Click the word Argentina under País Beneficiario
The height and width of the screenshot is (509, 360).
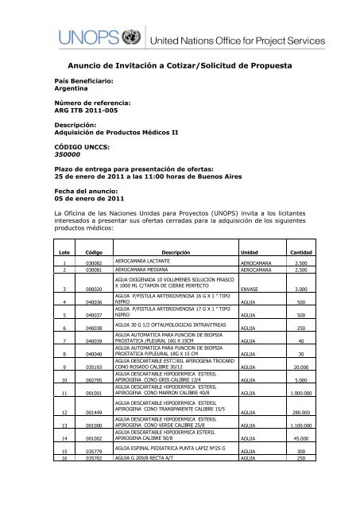coord(71,91)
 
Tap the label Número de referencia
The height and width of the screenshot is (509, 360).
coord(91,104)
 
